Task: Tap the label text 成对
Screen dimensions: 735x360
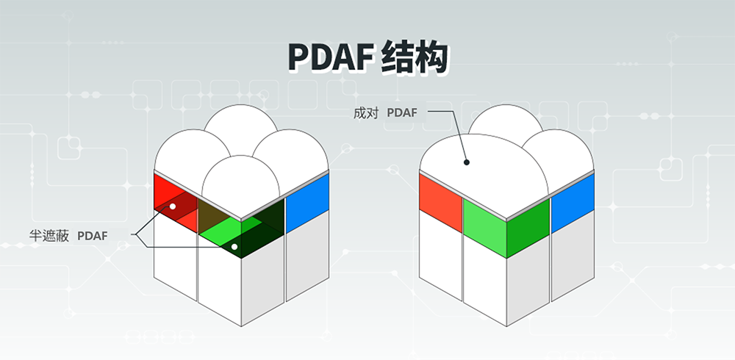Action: coord(365,113)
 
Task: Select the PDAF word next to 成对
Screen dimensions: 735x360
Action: coord(402,113)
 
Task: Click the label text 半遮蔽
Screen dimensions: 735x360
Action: coord(49,236)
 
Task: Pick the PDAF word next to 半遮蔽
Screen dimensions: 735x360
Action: coord(93,236)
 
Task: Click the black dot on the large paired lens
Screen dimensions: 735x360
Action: coord(467,162)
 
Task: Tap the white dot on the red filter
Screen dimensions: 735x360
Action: coord(173,206)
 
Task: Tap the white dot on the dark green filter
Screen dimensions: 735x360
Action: coord(234,247)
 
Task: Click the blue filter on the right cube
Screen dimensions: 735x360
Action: coord(573,203)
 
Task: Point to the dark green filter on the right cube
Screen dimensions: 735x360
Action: coord(528,228)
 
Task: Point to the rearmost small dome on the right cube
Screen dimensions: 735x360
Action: coord(506,121)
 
